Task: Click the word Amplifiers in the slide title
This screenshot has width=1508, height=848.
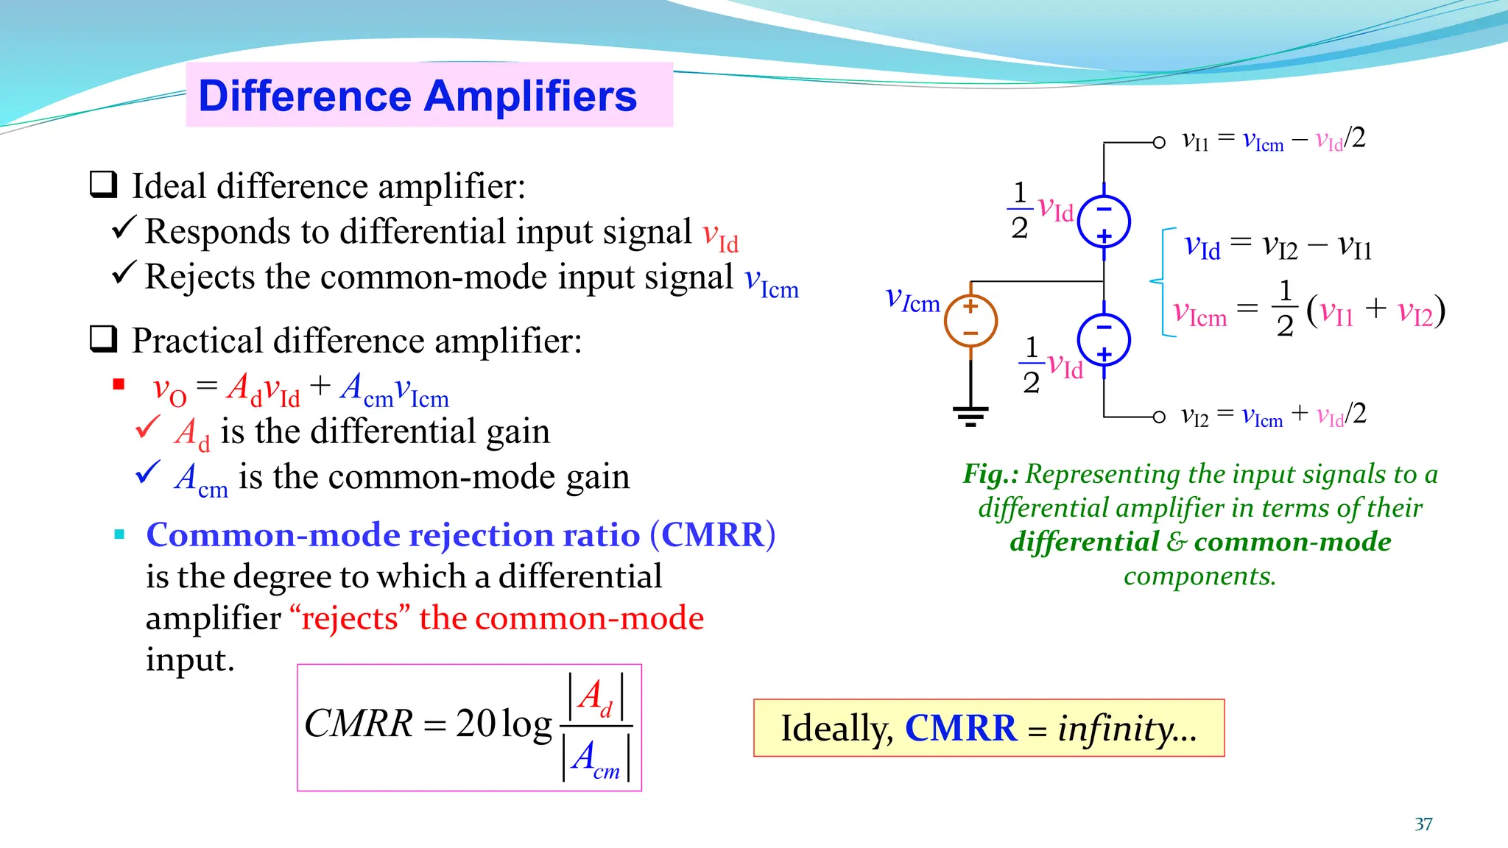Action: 530,96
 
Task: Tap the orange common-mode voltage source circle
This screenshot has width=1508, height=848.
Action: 970,321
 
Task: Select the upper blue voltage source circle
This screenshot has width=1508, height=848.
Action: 1104,222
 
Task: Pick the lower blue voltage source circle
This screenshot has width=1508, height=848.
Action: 1104,341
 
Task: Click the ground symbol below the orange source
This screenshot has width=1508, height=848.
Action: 970,417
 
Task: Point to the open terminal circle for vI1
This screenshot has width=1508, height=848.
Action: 1159,142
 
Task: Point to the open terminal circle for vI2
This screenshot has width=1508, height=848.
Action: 1159,417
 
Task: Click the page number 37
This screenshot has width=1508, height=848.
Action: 1423,824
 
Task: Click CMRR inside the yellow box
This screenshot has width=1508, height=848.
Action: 960,729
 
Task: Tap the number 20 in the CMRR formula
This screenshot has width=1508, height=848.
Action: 476,724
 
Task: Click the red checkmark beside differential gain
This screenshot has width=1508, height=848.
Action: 148,427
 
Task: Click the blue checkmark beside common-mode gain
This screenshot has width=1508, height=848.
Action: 148,472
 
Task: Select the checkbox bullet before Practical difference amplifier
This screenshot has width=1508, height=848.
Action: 103,339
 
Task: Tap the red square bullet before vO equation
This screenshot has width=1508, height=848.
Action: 119,384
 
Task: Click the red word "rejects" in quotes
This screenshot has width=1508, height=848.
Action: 350,618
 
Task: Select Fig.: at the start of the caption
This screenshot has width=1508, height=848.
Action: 990,474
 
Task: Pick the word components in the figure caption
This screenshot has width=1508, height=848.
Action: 1199,576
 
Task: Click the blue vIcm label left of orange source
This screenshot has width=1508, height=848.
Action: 912,300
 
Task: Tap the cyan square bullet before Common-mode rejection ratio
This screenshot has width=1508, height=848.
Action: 119,534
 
